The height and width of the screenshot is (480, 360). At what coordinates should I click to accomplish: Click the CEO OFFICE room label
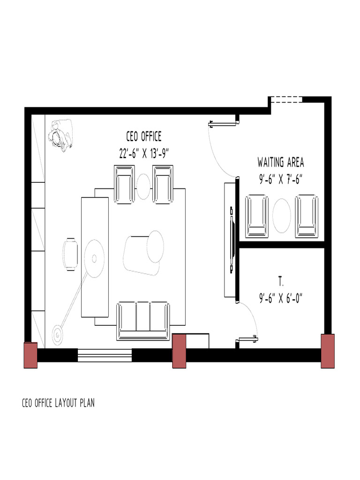pos(143,136)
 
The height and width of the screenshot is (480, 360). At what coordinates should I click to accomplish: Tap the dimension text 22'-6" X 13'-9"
pos(143,153)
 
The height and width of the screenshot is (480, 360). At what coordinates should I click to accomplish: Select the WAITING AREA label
pos(280,163)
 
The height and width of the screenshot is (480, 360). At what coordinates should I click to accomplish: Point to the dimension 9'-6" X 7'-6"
pos(280,180)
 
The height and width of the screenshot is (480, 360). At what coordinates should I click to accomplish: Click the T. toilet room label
pos(281,282)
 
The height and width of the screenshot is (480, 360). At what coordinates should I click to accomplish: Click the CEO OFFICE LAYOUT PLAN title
pos(58,403)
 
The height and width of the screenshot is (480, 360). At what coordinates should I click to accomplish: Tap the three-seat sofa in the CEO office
pos(143,320)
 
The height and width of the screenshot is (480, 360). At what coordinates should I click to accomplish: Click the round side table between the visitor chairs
pos(143,186)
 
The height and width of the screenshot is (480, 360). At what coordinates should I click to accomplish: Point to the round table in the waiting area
pos(282,215)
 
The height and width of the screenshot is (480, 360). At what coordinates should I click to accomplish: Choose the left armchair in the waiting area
pos(257,216)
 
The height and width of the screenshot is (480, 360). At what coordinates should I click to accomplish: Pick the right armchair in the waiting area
pos(307,216)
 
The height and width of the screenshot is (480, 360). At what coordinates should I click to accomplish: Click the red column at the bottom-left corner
pos(30,355)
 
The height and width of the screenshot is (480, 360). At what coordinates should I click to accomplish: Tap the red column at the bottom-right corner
pos(327,351)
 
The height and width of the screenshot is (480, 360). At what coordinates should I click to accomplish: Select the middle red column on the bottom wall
pos(180,351)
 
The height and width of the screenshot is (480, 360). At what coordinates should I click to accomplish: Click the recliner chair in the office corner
pos(60,135)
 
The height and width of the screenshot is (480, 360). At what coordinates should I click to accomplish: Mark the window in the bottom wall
pos(105,356)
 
